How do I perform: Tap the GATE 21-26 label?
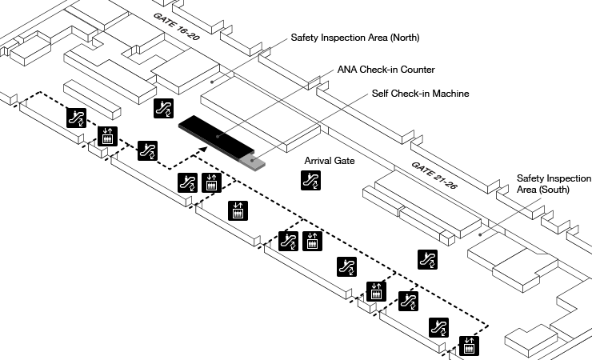pos(434,175)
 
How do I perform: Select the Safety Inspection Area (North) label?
pos(355,38)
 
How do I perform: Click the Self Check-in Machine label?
pos(420,94)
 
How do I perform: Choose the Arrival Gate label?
pos(330,161)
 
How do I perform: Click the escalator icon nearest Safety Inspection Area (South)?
pos(428,258)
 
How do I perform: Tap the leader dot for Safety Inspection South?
pos(479,234)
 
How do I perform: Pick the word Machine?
pos(450,94)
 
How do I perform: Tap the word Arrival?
pos(318,161)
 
